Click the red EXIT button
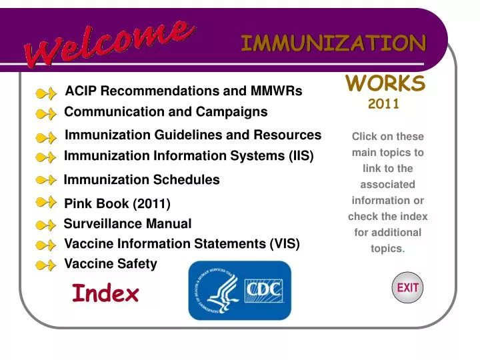pyautogui.click(x=407, y=288)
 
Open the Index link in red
pyautogui.click(x=105, y=293)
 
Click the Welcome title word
pyautogui.click(x=110, y=42)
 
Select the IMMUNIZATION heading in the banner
pyautogui.click(x=333, y=43)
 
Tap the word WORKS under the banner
pyautogui.click(x=385, y=83)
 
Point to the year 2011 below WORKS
pyautogui.click(x=383, y=103)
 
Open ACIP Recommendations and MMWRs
pyautogui.click(x=183, y=91)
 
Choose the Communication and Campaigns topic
pyautogui.click(x=165, y=112)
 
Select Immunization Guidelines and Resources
pyautogui.click(x=193, y=135)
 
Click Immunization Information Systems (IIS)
pyautogui.click(x=188, y=156)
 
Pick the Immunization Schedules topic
pyautogui.click(x=141, y=180)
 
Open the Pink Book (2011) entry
pyautogui.click(x=117, y=203)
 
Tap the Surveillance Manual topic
pyautogui.click(x=127, y=224)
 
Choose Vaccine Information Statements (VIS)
pyautogui.click(x=181, y=244)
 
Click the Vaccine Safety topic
pyautogui.click(x=111, y=264)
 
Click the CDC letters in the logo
pyautogui.click(x=264, y=291)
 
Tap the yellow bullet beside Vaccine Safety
pyautogui.click(x=45, y=265)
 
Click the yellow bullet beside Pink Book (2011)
pyautogui.click(x=45, y=202)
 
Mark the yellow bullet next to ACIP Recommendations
pyautogui.click(x=45, y=93)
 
